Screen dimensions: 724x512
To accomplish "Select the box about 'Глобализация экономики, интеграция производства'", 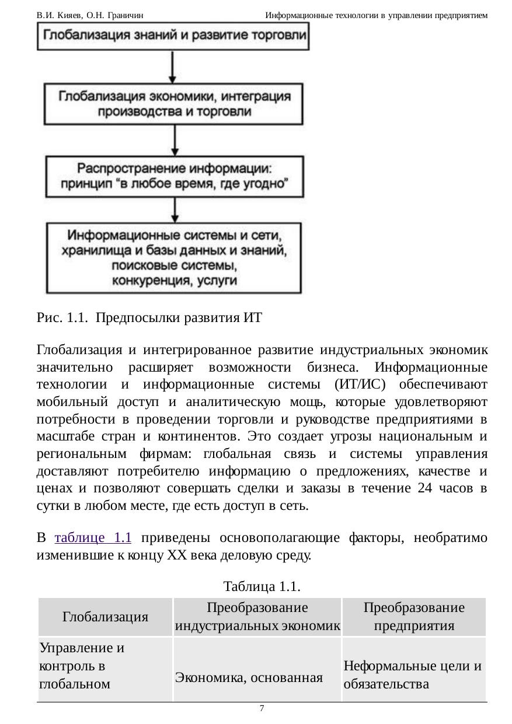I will (x=175, y=103).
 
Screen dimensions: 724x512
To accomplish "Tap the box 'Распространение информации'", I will (x=175, y=176).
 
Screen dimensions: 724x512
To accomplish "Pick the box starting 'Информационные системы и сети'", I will (x=175, y=257).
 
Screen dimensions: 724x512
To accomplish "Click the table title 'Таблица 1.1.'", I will (x=262, y=585).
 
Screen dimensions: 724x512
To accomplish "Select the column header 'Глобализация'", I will (x=105, y=617).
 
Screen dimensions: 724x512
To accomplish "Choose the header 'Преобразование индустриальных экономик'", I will (x=257, y=617).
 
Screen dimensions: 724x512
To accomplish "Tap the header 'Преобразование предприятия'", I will (x=414, y=617).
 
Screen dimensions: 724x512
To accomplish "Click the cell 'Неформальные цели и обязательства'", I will (x=413, y=674).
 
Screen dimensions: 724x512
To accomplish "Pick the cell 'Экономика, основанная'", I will (x=249, y=677).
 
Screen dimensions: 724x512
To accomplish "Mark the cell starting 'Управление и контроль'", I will (x=82, y=666).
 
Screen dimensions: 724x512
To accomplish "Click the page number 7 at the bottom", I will (x=262, y=708).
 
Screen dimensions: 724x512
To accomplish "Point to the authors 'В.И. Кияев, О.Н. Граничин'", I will (x=90, y=15).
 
